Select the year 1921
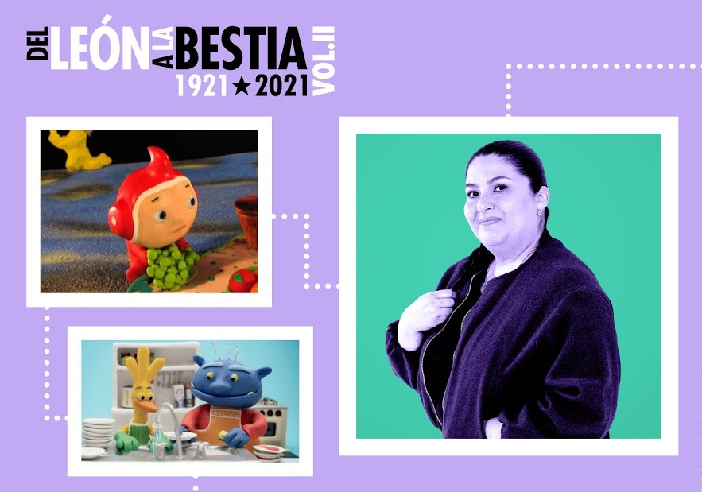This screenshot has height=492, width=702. pos(203,86)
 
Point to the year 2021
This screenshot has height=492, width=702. pos(282,86)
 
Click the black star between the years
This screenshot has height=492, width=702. pos(242,86)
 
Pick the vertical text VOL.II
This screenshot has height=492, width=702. pos(324,61)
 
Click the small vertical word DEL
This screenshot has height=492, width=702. pos(37,44)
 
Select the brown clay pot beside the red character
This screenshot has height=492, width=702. pos(246,221)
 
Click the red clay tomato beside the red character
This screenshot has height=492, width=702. pos(242,281)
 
